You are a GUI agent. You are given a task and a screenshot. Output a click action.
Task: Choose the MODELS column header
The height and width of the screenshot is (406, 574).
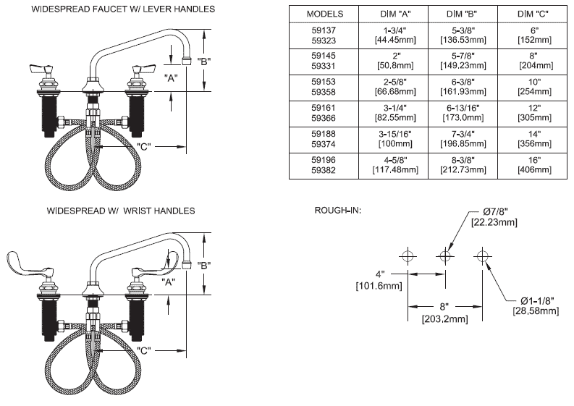(x=320, y=14)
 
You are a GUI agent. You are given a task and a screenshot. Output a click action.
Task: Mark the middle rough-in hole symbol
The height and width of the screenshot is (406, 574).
(x=445, y=255)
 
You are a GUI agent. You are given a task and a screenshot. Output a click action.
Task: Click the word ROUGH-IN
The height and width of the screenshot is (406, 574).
(x=337, y=211)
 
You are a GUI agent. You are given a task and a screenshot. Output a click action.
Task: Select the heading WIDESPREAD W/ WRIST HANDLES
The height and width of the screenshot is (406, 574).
(x=121, y=211)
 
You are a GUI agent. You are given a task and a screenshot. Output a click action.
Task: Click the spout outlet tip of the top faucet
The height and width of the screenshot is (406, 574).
(x=187, y=61)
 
